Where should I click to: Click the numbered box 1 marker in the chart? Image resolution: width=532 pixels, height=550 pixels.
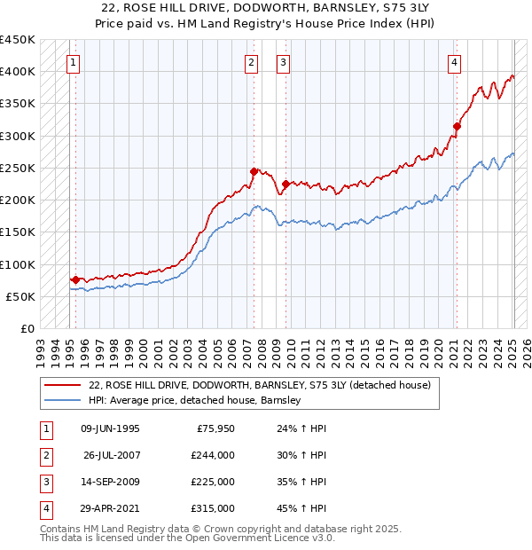point(72,62)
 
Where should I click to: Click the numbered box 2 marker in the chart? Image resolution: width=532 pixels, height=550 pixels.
point(252,62)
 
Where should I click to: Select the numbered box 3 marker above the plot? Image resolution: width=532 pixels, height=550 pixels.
point(283,62)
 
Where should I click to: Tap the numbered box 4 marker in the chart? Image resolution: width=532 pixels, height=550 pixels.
point(453,62)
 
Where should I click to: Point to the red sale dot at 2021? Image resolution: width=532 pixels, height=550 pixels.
point(457,126)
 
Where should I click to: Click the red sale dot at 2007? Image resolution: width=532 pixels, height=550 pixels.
point(254,171)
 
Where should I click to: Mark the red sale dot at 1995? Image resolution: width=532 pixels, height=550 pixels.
point(75,279)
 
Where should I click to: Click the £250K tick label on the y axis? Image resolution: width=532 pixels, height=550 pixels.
point(18,168)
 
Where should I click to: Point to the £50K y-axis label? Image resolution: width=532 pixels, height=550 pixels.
point(21,296)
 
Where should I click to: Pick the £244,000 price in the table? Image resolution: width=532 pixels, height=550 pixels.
point(213,455)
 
